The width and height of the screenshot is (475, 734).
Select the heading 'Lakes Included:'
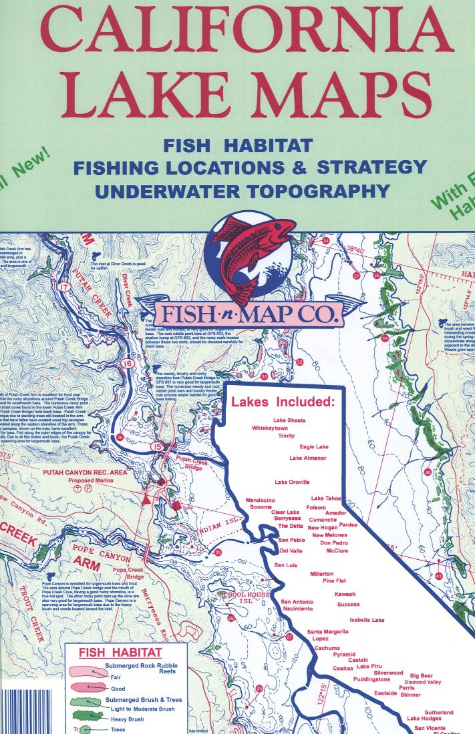pos(282,402)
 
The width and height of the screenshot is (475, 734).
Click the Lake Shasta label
pos(289,420)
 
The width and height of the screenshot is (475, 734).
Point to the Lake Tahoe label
pos(326,498)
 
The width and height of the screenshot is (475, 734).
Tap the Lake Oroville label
pos(292,482)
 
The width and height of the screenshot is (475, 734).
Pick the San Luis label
pos(286,565)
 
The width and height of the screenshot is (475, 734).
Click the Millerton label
pos(322,573)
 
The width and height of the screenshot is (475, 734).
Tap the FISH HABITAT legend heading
pos(120,653)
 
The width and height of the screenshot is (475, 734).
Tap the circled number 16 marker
pos(128,364)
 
